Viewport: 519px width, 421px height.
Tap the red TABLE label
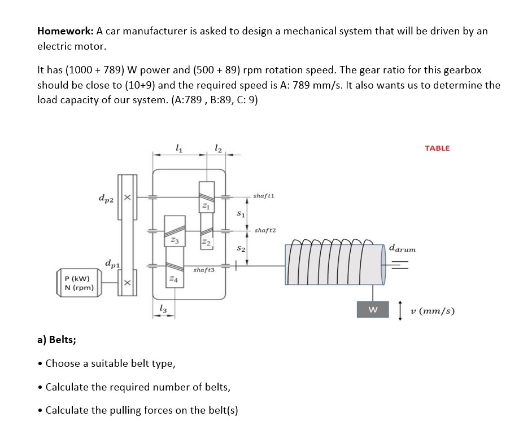click(437, 148)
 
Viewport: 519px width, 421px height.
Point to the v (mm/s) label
click(433, 311)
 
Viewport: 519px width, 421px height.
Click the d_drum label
click(402, 248)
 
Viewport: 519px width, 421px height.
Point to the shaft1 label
click(264, 196)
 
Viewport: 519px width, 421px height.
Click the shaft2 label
click(264, 230)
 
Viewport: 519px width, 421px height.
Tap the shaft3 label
click(204, 270)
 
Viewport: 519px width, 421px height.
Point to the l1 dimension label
click(178, 149)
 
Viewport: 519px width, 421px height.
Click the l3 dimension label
click(163, 307)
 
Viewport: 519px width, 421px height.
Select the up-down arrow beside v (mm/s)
click(400, 311)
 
